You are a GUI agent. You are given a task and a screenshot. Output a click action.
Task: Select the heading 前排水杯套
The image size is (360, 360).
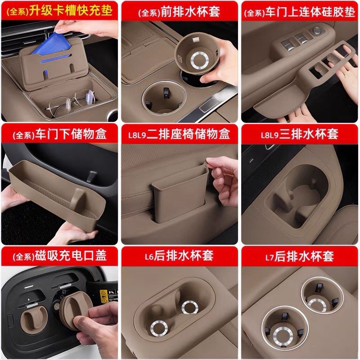pos(190,12)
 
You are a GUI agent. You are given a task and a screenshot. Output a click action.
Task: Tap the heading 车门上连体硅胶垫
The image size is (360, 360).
pos(310,12)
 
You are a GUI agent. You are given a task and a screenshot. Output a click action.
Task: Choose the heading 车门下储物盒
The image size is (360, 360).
pos(71,134)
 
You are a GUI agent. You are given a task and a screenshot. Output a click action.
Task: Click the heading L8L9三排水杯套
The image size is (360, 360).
pos(299,134)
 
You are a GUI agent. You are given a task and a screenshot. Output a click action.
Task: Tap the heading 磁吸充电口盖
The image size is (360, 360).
pos(71,256)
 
